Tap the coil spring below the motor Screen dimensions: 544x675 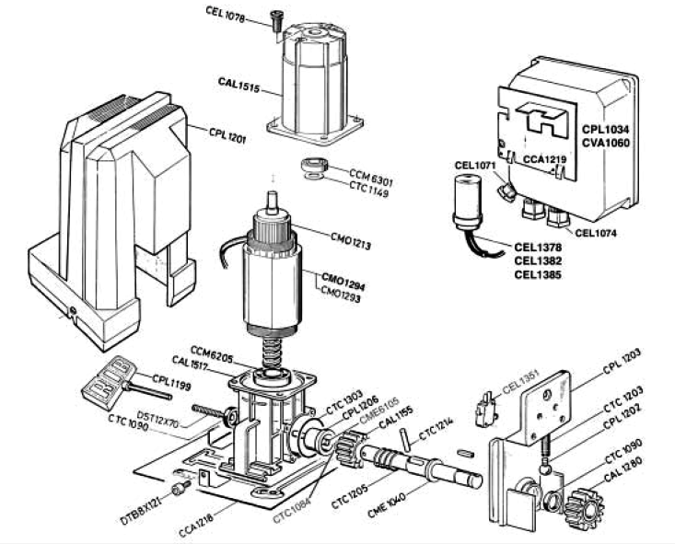(x=273, y=349)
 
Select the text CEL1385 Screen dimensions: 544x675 (x=535, y=274)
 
